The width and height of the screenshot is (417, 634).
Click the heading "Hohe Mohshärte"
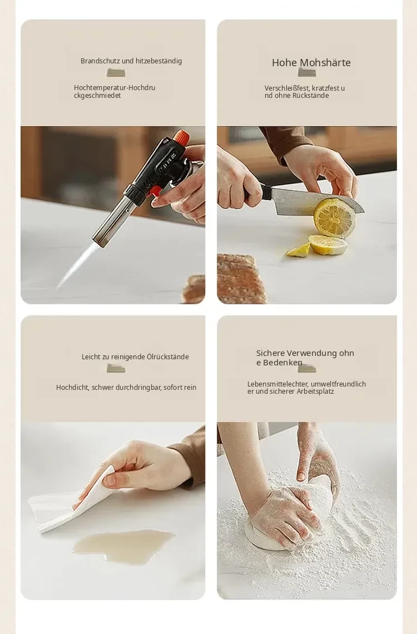[311, 63]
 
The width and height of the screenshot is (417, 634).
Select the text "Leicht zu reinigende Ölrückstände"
[135, 356]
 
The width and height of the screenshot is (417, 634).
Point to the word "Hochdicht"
[72, 388]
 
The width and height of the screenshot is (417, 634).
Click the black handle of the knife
[259, 191]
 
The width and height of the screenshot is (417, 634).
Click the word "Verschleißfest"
[287, 88]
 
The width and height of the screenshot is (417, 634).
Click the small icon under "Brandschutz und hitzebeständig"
[116, 73]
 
